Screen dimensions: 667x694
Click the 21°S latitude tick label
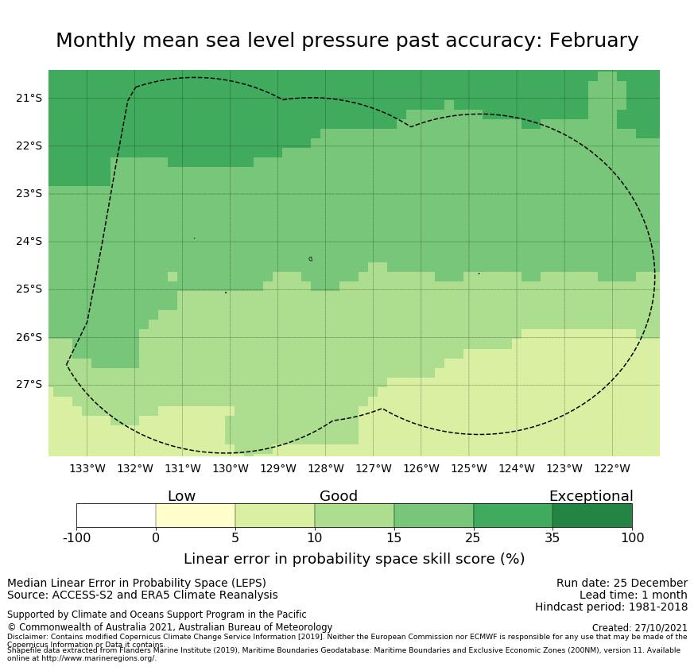pos(29,98)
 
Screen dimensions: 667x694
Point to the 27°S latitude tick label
pos(29,385)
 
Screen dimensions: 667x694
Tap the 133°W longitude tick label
pos(87,468)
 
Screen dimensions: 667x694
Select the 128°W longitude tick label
pos(325,468)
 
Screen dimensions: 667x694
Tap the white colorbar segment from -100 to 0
pos(116,515)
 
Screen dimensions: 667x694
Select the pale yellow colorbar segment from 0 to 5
pos(196,515)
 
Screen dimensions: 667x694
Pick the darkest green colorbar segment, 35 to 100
pos(592,515)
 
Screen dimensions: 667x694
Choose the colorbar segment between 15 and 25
pos(433,515)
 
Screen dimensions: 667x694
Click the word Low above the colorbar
pos(181,496)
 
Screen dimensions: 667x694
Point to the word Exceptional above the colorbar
pos(591,496)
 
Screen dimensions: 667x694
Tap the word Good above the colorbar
pos(339,496)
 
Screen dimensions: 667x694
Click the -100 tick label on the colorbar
pos(77,538)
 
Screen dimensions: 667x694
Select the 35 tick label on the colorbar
pos(552,538)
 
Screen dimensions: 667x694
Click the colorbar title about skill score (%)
pos(354,559)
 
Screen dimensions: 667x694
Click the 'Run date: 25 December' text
pos(622,583)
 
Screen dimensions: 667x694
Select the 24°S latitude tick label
pos(29,242)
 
